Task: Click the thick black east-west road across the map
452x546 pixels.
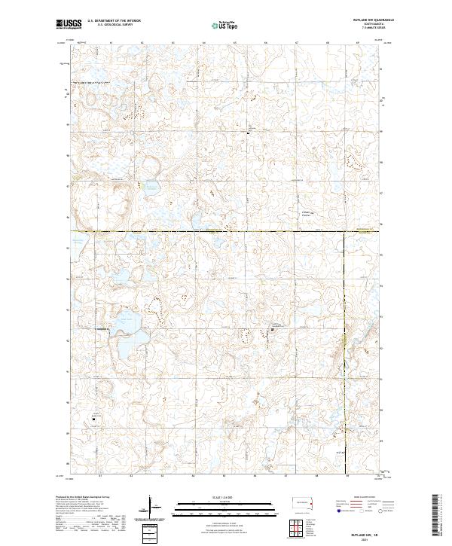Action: [226, 231]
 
